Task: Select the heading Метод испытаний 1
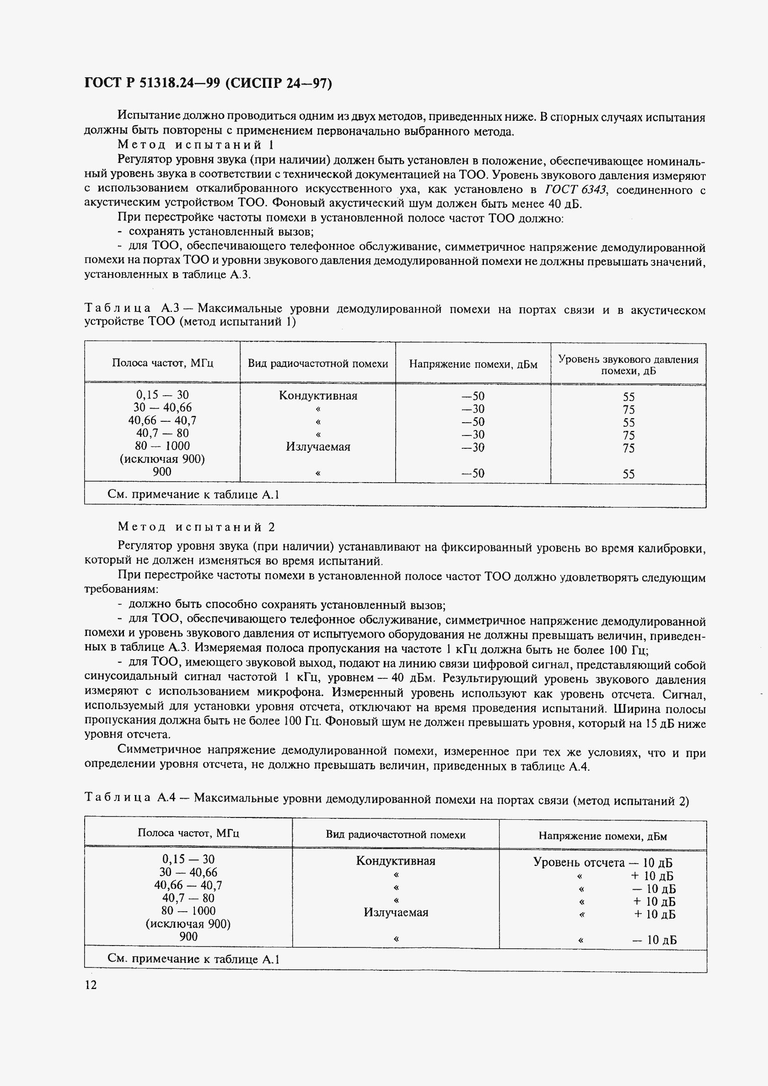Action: coord(195,145)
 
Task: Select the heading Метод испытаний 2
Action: coord(196,527)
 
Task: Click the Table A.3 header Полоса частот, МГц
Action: coord(162,363)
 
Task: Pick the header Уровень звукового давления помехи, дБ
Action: coord(628,365)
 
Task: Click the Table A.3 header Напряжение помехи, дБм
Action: coord(473,364)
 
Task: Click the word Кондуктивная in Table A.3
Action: coord(318,395)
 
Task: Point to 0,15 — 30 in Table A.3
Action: coord(162,394)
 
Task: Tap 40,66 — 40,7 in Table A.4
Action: coord(188,885)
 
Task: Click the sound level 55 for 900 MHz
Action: coord(628,474)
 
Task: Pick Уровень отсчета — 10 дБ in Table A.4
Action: coord(603,862)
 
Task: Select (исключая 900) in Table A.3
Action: coord(162,459)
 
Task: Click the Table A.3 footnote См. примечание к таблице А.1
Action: coord(193,495)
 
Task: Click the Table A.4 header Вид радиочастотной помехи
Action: coord(395,834)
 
